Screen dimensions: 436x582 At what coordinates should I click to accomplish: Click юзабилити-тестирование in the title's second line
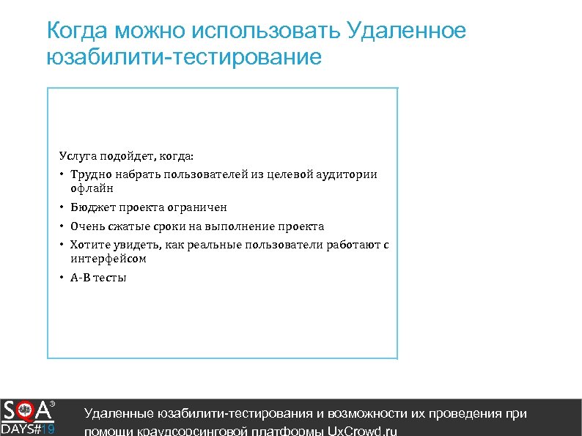point(183,57)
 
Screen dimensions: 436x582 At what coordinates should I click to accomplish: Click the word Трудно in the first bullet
point(89,174)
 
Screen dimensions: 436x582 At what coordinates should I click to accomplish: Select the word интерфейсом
point(108,259)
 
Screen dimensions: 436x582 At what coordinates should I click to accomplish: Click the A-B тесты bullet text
point(98,278)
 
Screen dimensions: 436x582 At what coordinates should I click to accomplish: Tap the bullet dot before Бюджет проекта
point(63,207)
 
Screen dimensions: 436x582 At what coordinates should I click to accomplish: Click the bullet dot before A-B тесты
point(63,278)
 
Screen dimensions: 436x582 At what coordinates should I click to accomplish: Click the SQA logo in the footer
point(28,410)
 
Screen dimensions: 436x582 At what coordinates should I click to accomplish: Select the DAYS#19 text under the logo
point(28,429)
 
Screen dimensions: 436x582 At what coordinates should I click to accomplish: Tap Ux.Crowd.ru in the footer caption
point(361,431)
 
